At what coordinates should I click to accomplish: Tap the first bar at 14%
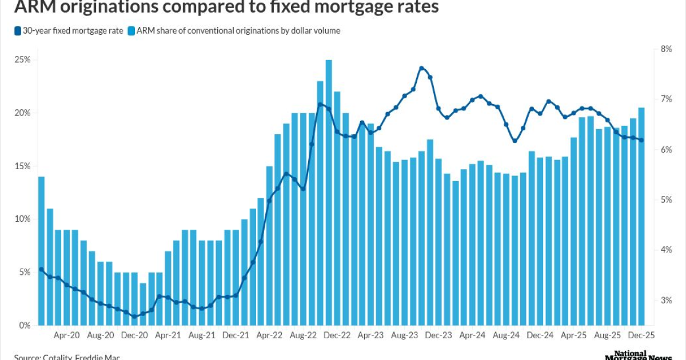click(41, 251)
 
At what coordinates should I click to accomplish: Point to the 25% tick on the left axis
click(23, 60)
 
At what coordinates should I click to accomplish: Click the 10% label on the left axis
click(23, 219)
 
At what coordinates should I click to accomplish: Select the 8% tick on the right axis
click(665, 49)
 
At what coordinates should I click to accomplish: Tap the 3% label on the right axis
click(665, 301)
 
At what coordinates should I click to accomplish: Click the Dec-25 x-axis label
click(641, 337)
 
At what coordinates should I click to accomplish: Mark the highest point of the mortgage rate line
click(421, 68)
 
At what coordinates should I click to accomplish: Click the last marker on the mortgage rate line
click(641, 141)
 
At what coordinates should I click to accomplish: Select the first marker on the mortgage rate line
click(41, 269)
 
